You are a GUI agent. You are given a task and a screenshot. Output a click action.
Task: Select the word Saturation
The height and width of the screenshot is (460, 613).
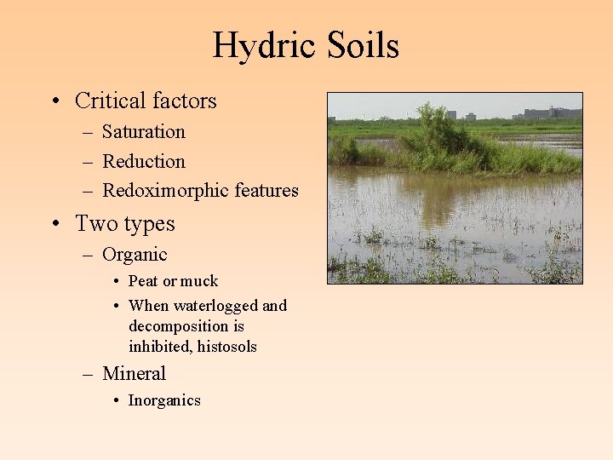click(x=143, y=132)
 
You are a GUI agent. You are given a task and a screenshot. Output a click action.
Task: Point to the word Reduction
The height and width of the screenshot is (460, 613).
click(x=143, y=162)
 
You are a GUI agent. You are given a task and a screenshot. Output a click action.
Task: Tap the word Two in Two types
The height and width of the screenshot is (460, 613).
click(x=93, y=224)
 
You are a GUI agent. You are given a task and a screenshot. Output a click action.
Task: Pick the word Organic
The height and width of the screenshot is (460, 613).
click(x=135, y=255)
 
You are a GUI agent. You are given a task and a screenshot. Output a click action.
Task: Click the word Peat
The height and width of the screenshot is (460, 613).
click(x=143, y=281)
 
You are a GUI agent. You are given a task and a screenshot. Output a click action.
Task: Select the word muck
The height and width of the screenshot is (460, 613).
click(x=200, y=281)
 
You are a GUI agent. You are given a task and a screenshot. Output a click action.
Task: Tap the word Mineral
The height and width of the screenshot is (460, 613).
click(x=134, y=374)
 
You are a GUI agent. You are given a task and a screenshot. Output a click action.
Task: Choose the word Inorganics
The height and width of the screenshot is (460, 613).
click(x=164, y=400)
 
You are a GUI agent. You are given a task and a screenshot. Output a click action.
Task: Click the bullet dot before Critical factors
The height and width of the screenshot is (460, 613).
click(x=54, y=102)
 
